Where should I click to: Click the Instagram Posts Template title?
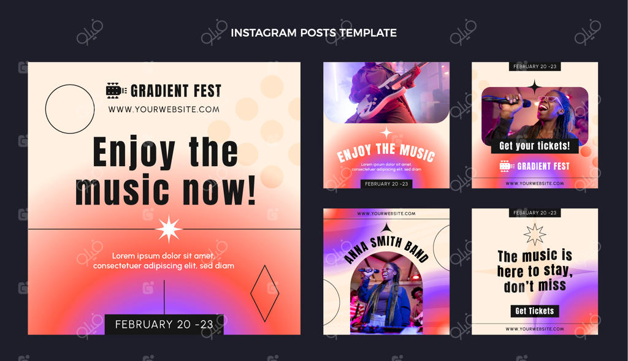(x=313, y=33)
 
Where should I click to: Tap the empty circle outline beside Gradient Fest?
(x=45, y=109)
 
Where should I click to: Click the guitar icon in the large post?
(x=116, y=91)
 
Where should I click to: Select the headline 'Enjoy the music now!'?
(x=166, y=171)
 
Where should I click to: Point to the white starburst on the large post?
(x=169, y=229)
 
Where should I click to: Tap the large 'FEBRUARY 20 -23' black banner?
(x=164, y=324)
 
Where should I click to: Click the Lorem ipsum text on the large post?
(x=163, y=260)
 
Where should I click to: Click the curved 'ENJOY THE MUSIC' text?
(x=386, y=152)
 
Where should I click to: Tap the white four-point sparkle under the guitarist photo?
(x=386, y=132)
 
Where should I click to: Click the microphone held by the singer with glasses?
(x=506, y=101)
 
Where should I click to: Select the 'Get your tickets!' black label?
(x=535, y=146)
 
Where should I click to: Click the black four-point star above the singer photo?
(x=534, y=87)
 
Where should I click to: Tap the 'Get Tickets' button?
(x=535, y=311)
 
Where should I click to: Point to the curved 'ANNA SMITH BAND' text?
(x=386, y=248)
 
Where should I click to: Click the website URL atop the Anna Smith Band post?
(x=386, y=214)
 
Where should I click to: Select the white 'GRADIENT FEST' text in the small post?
(x=543, y=166)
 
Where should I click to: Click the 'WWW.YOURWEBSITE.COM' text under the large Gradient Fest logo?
(x=164, y=109)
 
